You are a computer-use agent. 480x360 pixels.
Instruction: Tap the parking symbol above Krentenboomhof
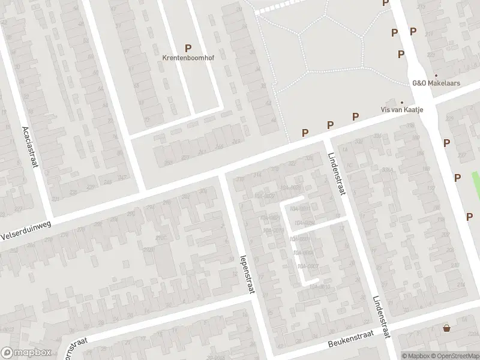point(188,47)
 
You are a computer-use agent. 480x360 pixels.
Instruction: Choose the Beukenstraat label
point(350,341)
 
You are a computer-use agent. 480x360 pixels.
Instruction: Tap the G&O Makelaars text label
point(436,83)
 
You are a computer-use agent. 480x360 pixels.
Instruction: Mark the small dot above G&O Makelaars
point(436,76)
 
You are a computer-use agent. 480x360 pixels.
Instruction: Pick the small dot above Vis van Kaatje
point(402,103)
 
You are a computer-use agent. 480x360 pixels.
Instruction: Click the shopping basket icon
point(446,328)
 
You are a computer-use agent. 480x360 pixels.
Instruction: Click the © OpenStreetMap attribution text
point(454,356)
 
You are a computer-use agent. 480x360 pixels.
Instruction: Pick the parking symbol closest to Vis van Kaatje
point(355,116)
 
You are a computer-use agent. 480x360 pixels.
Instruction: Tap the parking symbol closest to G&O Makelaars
point(401,55)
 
